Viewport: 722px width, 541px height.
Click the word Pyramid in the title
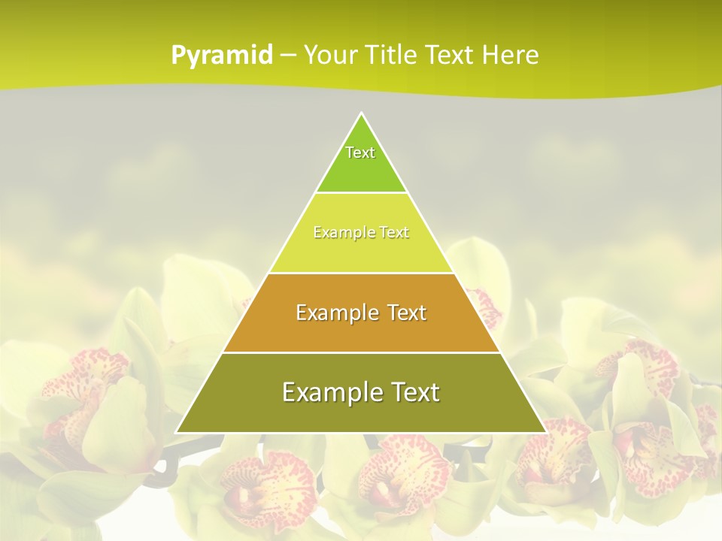[x=222, y=55]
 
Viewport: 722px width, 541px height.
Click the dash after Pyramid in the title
[x=287, y=56]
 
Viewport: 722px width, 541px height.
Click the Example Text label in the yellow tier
[x=361, y=232]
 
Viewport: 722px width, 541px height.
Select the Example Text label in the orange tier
[x=361, y=313]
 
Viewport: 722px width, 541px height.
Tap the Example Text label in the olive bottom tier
[x=361, y=392]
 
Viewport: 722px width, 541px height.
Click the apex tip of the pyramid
[x=362, y=114]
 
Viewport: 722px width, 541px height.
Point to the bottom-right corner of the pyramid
[x=545, y=432]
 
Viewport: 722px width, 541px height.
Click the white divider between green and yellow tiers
[x=361, y=193]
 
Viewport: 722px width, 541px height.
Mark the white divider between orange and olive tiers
[x=361, y=352]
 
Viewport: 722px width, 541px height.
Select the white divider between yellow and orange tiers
[x=361, y=273]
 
